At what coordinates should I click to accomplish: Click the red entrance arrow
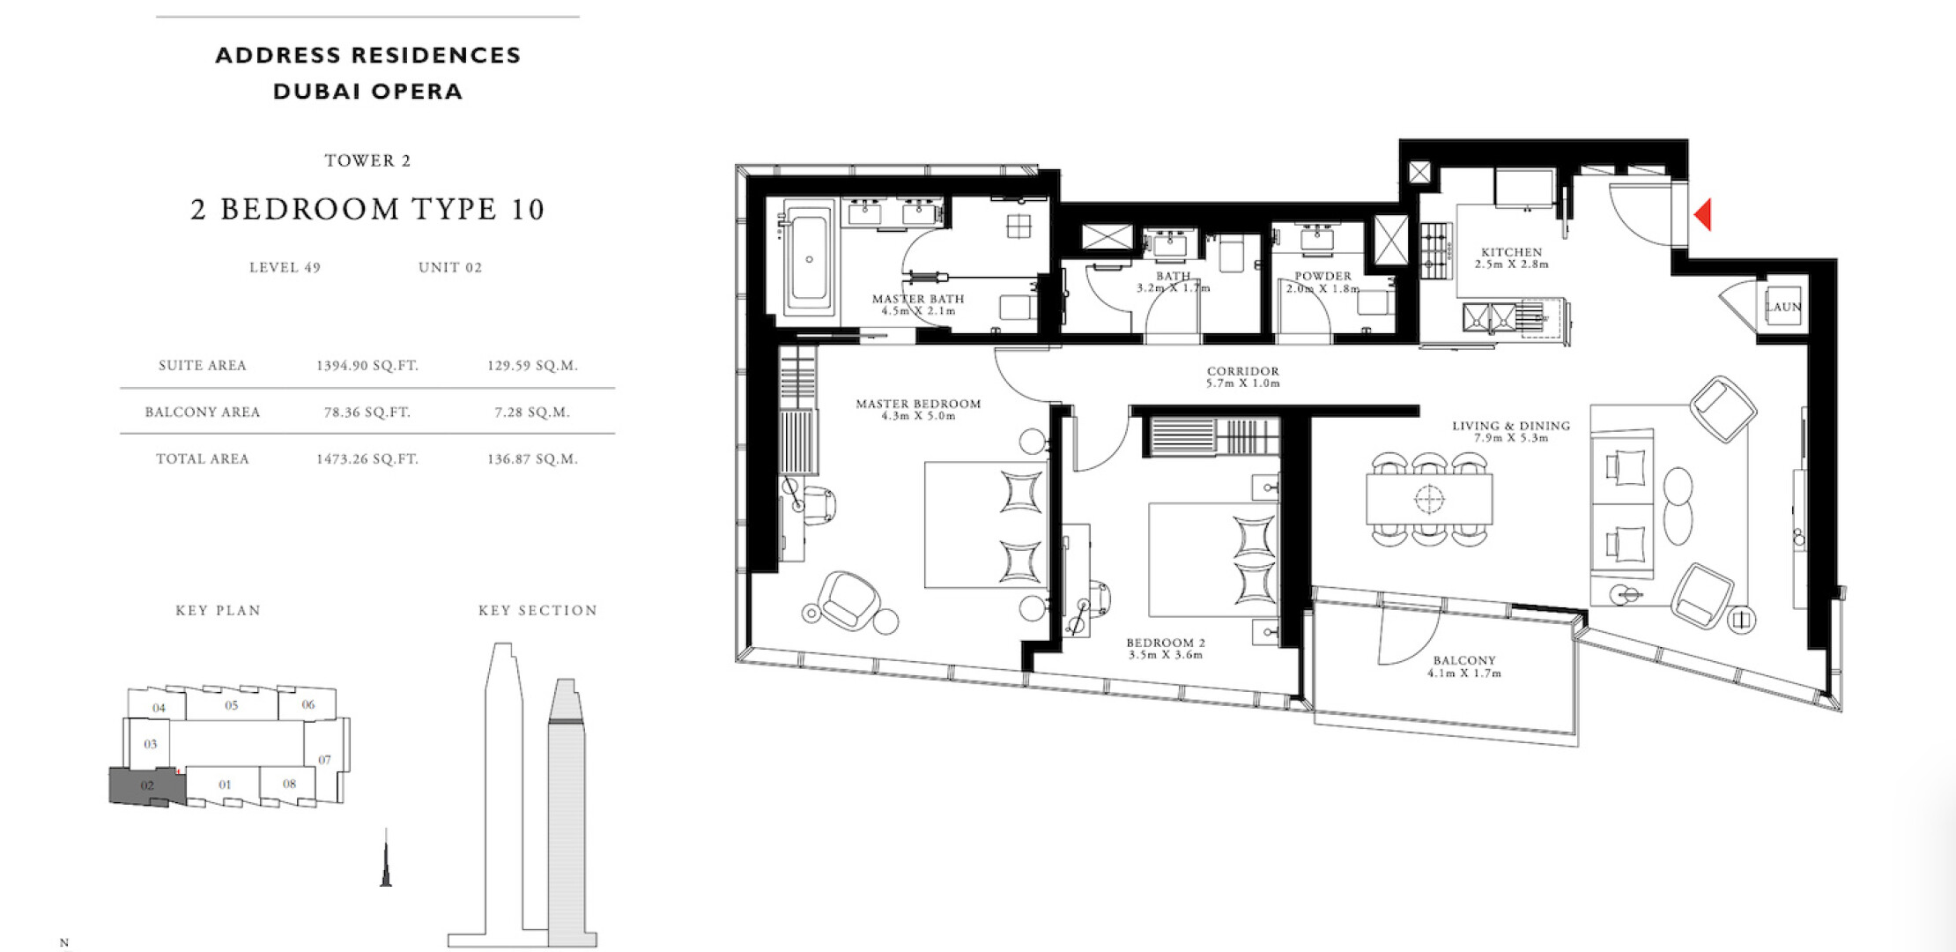point(1704,214)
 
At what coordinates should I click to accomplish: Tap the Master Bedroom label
point(918,410)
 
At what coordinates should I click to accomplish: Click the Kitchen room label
point(1512,257)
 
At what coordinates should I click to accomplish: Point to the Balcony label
point(1464,666)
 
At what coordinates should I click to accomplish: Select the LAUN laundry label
point(1783,307)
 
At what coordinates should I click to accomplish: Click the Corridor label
point(1243,377)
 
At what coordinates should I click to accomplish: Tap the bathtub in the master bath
point(809,257)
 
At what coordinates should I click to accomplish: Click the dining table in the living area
point(1429,499)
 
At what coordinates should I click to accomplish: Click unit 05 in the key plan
point(232,705)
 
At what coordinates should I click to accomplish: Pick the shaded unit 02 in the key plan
point(146,785)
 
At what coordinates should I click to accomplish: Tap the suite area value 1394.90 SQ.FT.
point(367,365)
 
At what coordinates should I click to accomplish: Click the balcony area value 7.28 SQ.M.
point(532,412)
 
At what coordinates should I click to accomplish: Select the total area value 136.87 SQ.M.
point(532,458)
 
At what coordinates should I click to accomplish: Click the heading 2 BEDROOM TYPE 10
point(368,209)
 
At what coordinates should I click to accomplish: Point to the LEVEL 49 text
point(285,267)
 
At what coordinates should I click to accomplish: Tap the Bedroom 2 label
point(1165,649)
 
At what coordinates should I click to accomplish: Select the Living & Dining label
point(1511,431)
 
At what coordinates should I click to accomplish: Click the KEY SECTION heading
point(537,610)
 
